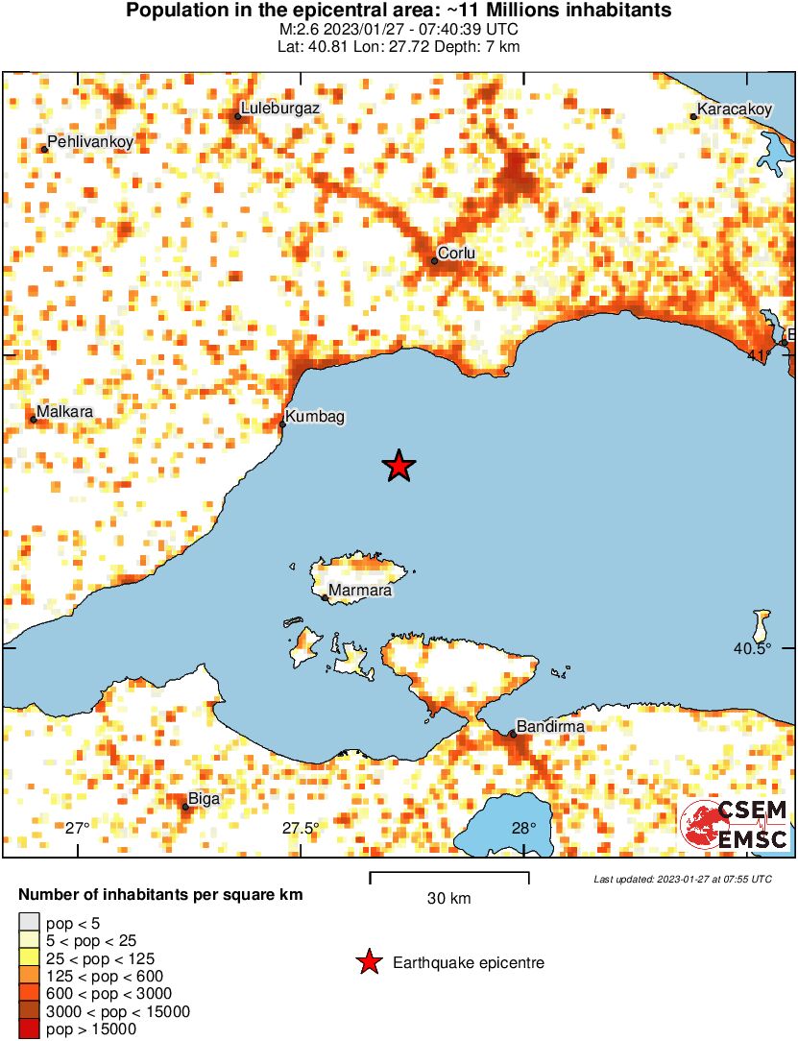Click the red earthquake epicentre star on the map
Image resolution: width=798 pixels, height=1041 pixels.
[399, 467]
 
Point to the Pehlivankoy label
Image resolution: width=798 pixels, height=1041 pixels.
[90, 142]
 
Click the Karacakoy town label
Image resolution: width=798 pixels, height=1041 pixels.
[734, 109]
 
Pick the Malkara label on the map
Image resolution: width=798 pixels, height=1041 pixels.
[65, 411]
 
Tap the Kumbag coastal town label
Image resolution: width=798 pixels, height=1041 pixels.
[315, 417]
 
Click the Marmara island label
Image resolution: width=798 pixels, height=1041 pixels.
[360, 591]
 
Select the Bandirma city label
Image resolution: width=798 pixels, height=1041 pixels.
[550, 727]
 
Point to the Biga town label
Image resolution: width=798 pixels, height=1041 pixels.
[204, 799]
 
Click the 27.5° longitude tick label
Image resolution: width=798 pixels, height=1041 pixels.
[301, 829]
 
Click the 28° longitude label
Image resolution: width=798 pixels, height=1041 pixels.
[523, 829]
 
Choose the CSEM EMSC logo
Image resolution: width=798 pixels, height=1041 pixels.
[735, 825]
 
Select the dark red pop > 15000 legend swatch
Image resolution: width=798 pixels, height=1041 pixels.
[29, 1029]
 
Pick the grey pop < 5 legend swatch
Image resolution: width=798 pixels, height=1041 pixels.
[29, 923]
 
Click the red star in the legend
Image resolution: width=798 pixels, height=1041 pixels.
[369, 962]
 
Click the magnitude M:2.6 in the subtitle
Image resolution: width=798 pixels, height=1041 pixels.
[295, 31]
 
